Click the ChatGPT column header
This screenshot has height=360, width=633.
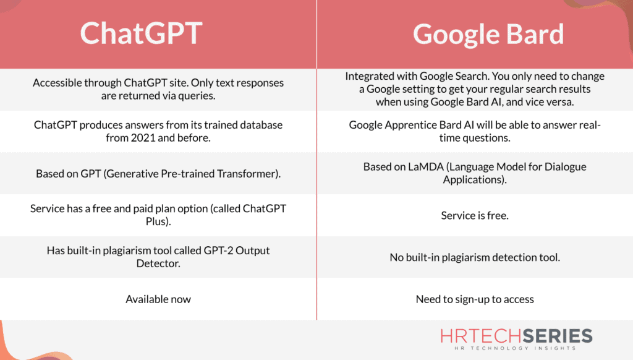click(140, 34)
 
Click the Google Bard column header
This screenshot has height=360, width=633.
click(488, 34)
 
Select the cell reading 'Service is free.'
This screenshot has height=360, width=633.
click(475, 216)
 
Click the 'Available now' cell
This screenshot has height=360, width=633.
click(158, 299)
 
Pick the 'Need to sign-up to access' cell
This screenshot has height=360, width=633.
click(475, 299)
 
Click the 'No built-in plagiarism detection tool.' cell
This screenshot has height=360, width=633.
click(475, 257)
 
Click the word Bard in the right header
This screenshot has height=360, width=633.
click(533, 34)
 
